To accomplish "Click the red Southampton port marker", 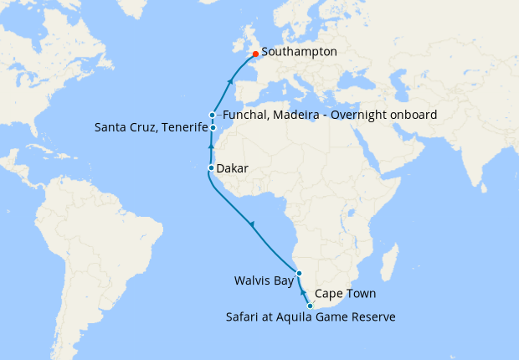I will [255, 54].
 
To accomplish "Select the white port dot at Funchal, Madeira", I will [213, 115].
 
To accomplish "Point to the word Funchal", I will [245, 115].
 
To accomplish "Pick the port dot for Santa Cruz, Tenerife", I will [213, 127].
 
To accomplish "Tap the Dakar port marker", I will [211, 168].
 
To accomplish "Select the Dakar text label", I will [232, 169].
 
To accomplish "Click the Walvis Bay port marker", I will [299, 275].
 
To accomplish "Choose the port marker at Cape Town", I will [311, 306].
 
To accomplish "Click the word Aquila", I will [295, 316].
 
